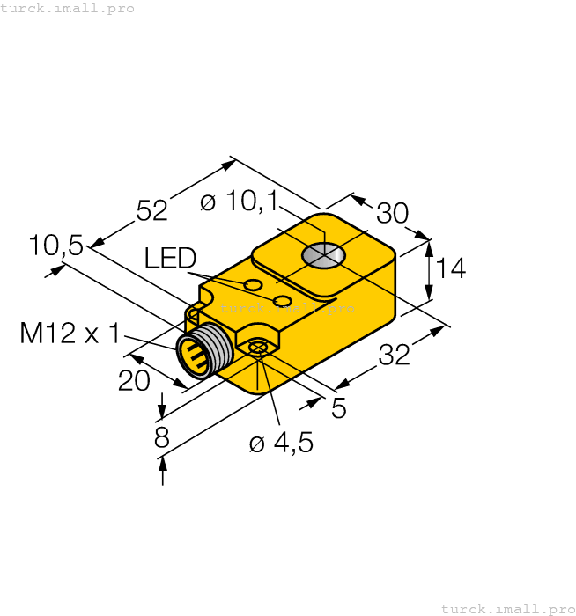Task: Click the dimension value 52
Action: tap(151, 210)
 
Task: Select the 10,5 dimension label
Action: tap(55, 246)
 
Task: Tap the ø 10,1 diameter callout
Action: tap(239, 202)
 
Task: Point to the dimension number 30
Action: tap(393, 213)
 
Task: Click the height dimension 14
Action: tap(450, 268)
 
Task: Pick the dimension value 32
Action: tap(395, 356)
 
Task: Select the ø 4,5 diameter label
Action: tap(281, 443)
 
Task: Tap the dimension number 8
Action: tap(162, 437)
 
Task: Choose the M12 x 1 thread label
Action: tap(70, 334)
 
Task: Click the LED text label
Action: tap(170, 258)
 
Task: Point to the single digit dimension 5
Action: tap(338, 408)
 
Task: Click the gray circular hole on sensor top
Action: tap(323, 256)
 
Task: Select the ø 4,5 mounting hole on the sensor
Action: tap(258, 348)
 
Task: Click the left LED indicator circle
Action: tap(253, 285)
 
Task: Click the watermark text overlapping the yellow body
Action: tap(287, 309)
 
